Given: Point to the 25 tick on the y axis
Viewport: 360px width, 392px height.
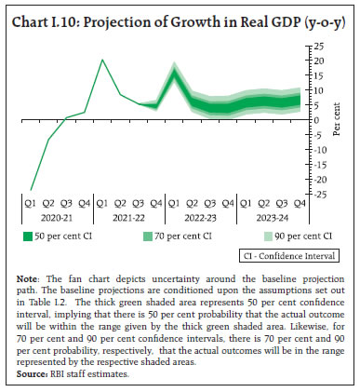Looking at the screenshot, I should tap(319, 46).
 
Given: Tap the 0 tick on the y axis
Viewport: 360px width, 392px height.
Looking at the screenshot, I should tap(316, 120).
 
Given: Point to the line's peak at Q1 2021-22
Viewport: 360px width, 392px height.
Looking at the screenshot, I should tap(102, 60).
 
